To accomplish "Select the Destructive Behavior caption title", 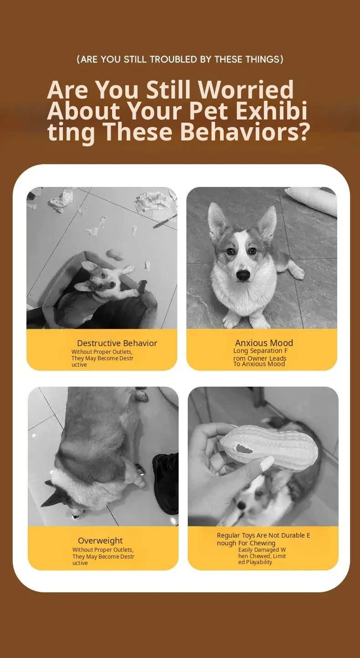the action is pos(117,343).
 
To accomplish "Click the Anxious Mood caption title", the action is pos(264,343).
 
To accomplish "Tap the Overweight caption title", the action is pos(100,540).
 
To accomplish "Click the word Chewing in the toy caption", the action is pos(262,543).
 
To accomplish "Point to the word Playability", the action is pos(259,562).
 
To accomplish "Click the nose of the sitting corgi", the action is pos(243,275).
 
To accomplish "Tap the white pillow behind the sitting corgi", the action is pos(312,200).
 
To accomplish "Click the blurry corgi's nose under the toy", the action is pos(242,505).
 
